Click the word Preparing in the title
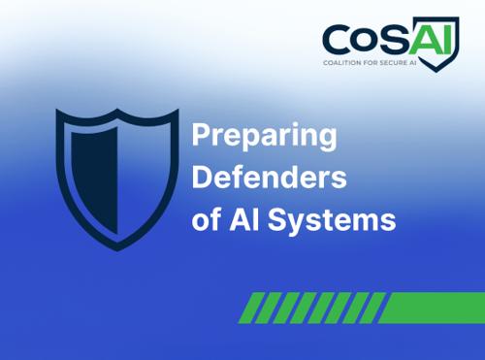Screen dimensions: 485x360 (264, 137)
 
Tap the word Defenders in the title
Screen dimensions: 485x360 (269, 178)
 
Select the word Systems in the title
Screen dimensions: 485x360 (332, 221)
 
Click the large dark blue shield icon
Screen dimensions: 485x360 (117, 180)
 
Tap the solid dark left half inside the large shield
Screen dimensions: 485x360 (94, 180)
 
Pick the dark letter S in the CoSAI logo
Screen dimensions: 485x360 (394, 40)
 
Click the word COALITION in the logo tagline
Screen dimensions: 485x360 (341, 63)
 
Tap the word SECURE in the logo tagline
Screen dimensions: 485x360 (393, 63)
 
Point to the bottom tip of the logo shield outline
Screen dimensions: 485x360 (436, 72)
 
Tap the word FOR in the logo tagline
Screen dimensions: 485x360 (370, 63)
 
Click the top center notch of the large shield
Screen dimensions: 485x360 (117, 111)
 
